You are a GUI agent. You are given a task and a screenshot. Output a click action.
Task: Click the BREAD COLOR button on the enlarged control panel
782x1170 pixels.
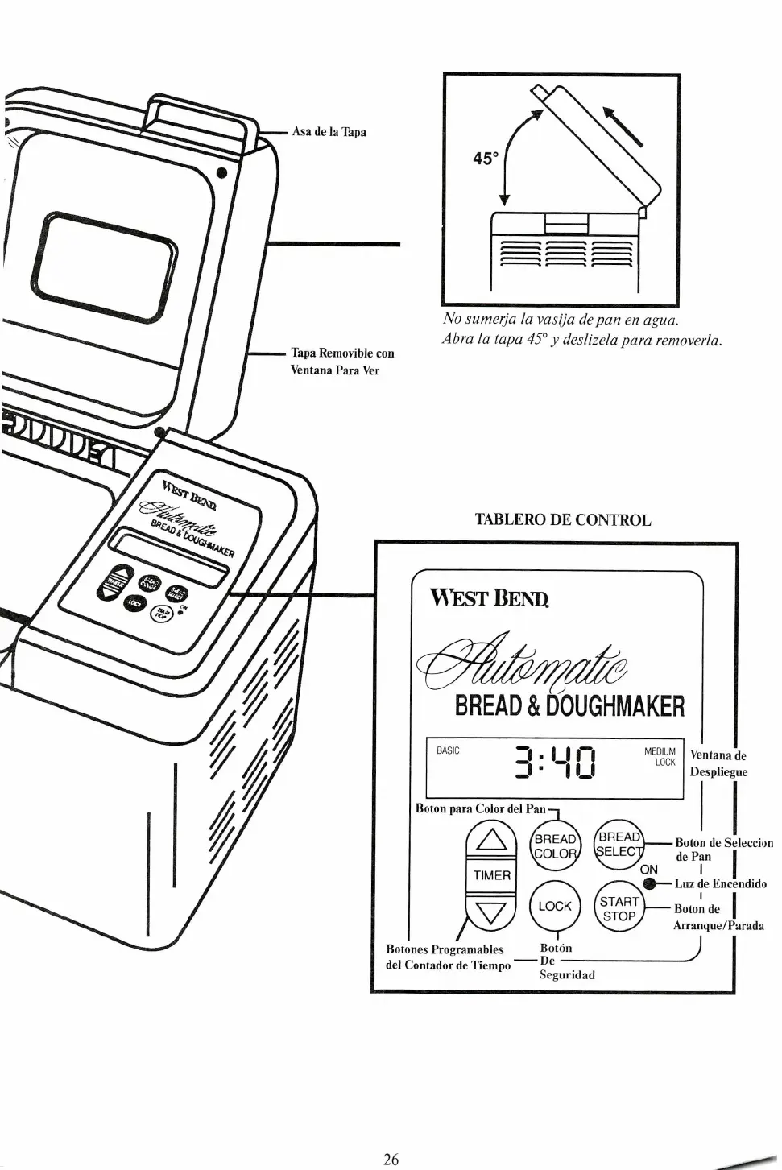(556, 846)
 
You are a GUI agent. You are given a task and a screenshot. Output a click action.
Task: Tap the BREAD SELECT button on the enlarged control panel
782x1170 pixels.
(619, 845)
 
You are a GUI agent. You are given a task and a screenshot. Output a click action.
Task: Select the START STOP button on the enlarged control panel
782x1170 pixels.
(619, 908)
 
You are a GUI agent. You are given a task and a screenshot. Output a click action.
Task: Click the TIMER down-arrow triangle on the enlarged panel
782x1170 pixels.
(491, 912)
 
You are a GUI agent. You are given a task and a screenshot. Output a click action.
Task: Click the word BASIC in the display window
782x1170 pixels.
(448, 750)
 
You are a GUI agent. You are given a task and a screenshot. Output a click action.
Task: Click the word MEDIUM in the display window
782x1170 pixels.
(660, 751)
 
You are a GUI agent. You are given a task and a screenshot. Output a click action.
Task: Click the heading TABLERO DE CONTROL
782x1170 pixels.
(562, 519)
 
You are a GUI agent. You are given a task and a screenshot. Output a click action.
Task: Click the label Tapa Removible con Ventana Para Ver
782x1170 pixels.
(342, 362)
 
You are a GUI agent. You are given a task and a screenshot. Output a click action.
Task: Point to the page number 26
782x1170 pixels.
(391, 1160)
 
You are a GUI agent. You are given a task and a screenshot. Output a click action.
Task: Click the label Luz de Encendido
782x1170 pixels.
(720, 883)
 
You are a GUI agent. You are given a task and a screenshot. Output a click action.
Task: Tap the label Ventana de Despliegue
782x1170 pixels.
(718, 763)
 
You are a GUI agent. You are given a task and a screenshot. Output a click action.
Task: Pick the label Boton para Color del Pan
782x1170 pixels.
(480, 808)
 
